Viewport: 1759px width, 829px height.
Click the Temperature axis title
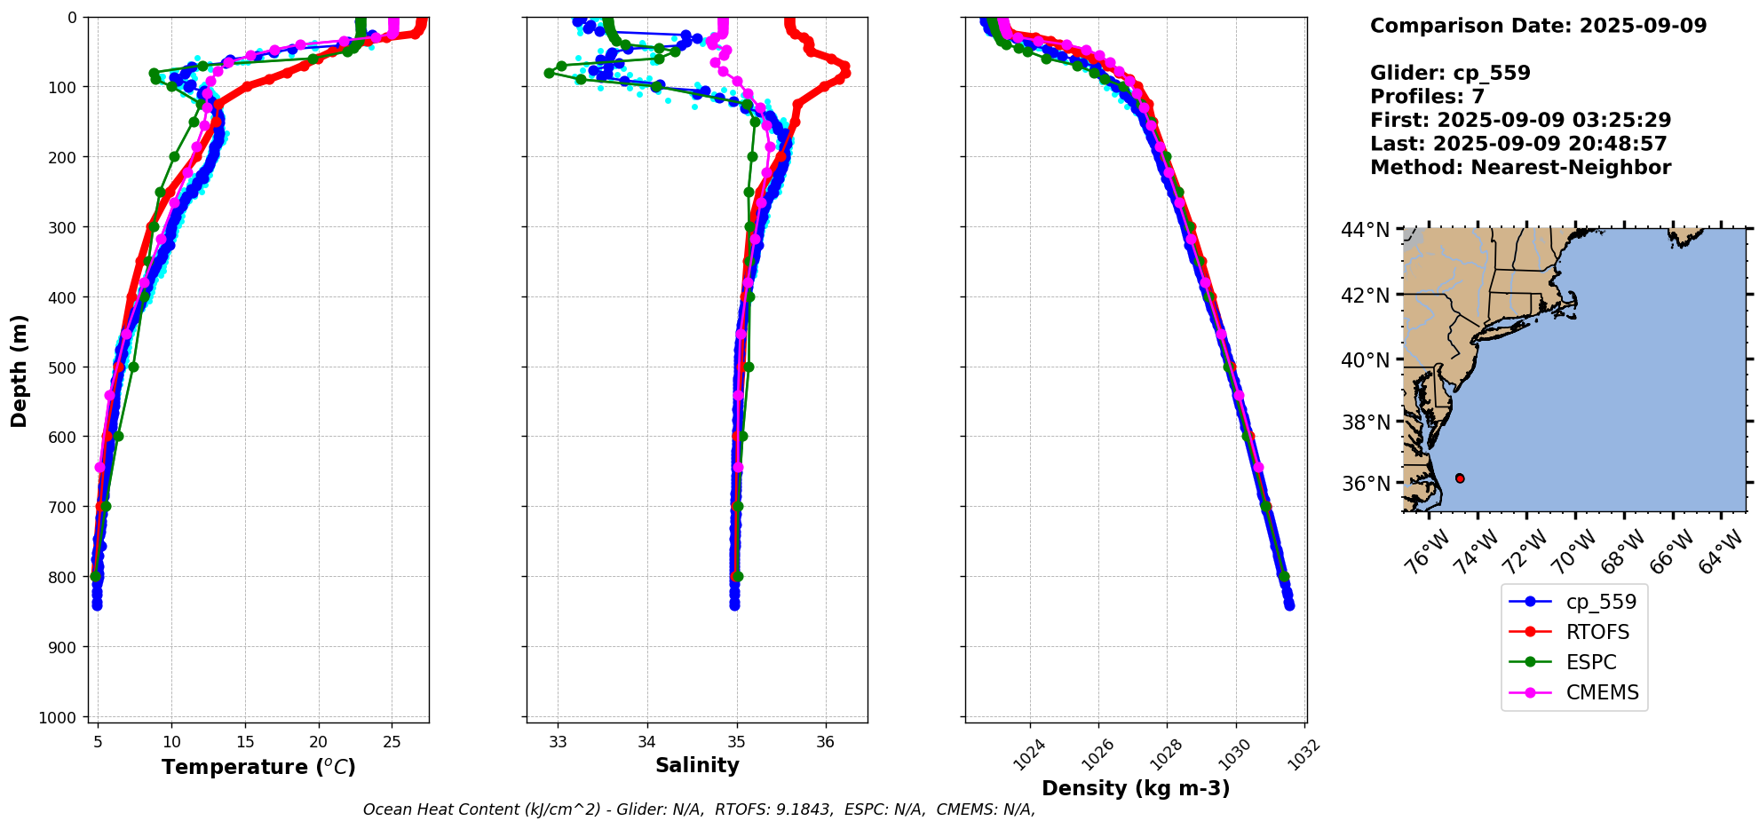pyautogui.click(x=258, y=767)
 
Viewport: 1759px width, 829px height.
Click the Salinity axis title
pyautogui.click(x=697, y=765)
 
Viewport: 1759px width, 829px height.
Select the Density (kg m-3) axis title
pyautogui.click(x=1136, y=788)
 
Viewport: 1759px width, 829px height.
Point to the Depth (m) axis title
pyautogui.click(x=19, y=370)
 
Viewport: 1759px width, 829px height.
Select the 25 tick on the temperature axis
pyautogui.click(x=392, y=742)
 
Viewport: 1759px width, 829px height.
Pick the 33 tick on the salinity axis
pyautogui.click(x=558, y=742)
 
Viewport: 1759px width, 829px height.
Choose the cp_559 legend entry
pyautogui.click(x=1601, y=602)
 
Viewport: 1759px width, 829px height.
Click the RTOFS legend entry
pyautogui.click(x=1597, y=632)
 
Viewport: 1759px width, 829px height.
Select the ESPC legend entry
pyautogui.click(x=1591, y=662)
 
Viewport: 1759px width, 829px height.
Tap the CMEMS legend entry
pyautogui.click(x=1602, y=692)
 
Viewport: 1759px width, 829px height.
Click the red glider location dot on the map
pyautogui.click(x=1460, y=478)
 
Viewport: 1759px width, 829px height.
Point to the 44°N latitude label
pyautogui.click(x=1365, y=230)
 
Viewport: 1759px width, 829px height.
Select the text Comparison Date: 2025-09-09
pyautogui.click(x=1538, y=26)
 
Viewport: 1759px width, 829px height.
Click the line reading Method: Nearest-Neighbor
pyautogui.click(x=1520, y=168)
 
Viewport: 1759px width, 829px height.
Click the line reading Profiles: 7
pyautogui.click(x=1427, y=97)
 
